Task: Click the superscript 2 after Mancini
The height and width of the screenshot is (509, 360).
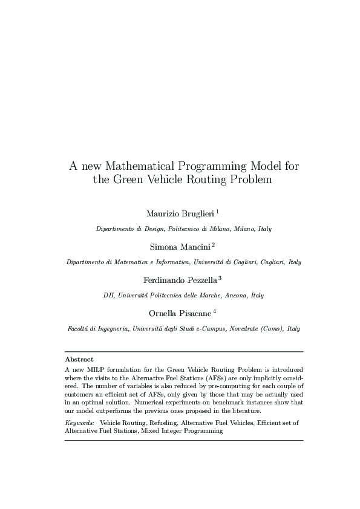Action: click(x=213, y=245)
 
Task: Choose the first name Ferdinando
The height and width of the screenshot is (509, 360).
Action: click(x=163, y=279)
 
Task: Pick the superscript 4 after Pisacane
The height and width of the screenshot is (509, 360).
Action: click(x=214, y=311)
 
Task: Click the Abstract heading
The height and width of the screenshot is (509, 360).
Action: click(x=79, y=359)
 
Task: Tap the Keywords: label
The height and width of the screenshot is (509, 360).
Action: click(x=80, y=423)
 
